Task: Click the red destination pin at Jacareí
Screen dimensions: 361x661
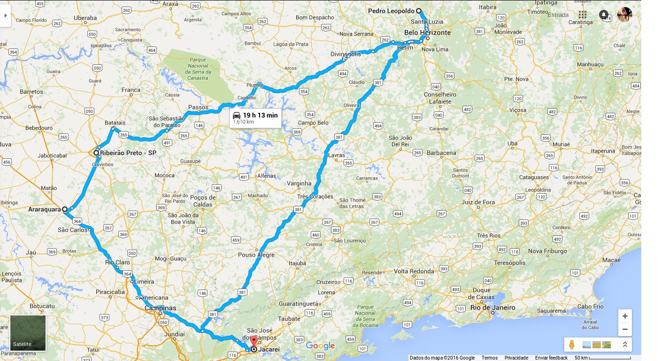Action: pyautogui.click(x=254, y=342)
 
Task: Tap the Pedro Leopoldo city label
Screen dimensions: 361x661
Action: pyautogui.click(x=391, y=11)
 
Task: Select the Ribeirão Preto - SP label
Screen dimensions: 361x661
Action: pyautogui.click(x=128, y=153)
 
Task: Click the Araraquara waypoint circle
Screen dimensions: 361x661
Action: pyautogui.click(x=65, y=210)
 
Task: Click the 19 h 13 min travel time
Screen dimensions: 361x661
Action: pyautogui.click(x=260, y=115)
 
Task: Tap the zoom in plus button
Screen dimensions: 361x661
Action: pyautogui.click(x=625, y=316)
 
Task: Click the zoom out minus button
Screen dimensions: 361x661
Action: pyautogui.click(x=625, y=329)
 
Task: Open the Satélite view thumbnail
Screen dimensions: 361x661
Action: pyautogui.click(x=28, y=333)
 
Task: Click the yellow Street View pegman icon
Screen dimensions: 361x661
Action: pyautogui.click(x=571, y=345)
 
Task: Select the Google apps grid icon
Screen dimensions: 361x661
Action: pyautogui.click(x=583, y=15)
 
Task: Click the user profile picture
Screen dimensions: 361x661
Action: pyautogui.click(x=624, y=15)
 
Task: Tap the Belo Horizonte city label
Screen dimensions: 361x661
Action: pyautogui.click(x=427, y=33)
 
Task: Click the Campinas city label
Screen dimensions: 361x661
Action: pyautogui.click(x=160, y=308)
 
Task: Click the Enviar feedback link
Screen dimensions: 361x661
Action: pyautogui.click(x=551, y=358)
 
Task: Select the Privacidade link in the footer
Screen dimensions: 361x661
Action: pyautogui.click(x=516, y=358)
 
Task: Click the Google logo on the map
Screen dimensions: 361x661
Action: pyautogui.click(x=320, y=346)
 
